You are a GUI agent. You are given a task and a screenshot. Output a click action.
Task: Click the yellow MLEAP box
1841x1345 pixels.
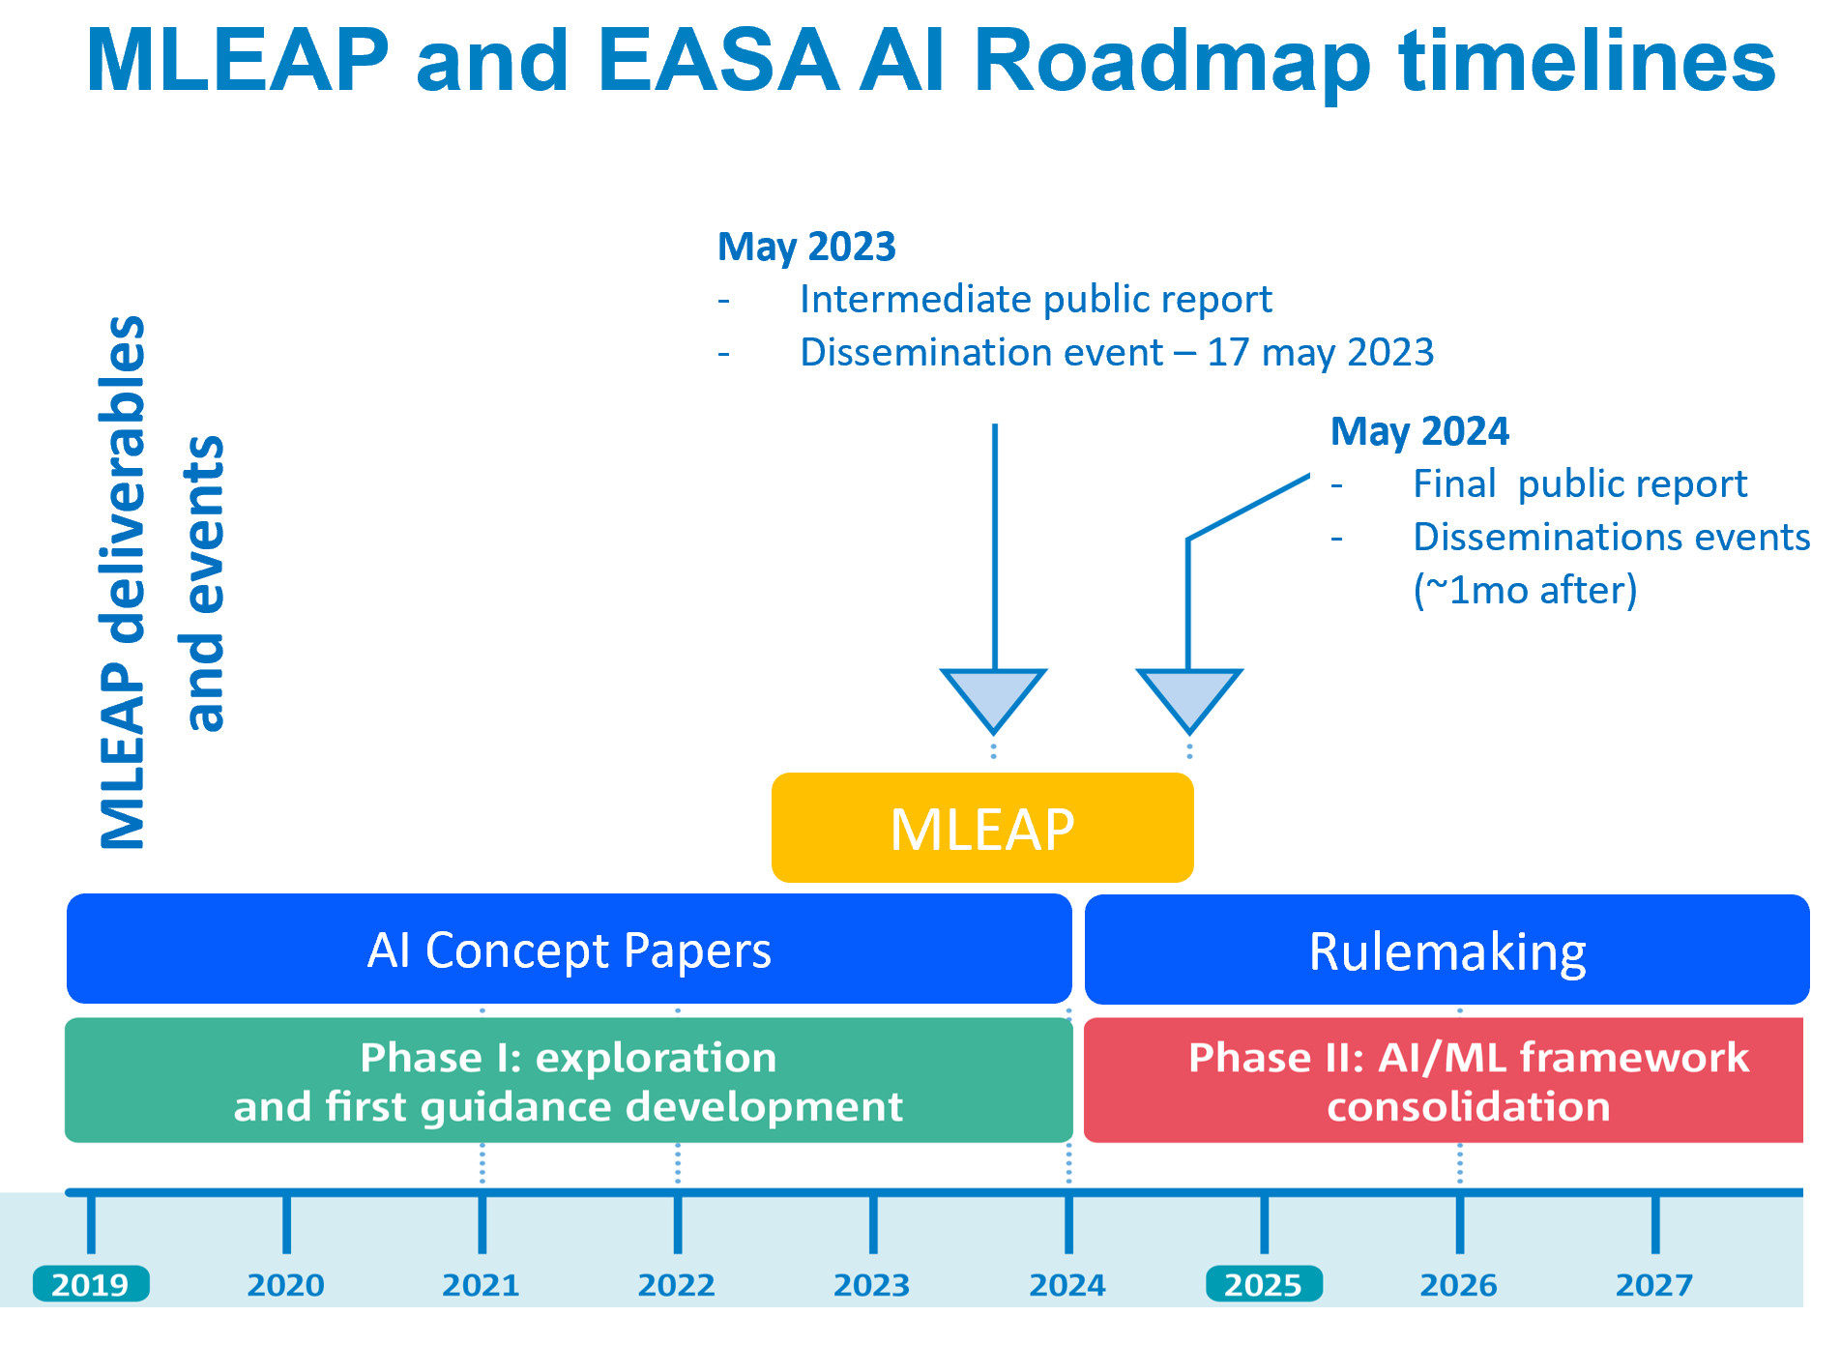982,828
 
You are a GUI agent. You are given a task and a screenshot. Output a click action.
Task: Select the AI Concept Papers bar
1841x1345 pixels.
570,949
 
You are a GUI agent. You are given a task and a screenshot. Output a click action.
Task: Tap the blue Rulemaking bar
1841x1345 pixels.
1446,950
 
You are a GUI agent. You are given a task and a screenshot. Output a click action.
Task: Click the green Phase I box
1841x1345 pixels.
569,1080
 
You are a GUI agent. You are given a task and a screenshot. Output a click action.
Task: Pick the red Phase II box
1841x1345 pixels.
1444,1080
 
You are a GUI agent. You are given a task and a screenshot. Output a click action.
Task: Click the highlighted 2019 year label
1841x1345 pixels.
91,1284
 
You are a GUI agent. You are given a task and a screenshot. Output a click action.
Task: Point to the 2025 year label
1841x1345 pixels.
1264,1284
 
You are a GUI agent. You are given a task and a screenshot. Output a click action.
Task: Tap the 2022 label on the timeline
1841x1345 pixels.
677,1285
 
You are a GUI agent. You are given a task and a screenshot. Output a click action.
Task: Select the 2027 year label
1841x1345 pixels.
1654,1285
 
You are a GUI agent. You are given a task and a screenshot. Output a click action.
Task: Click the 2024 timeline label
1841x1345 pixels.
1067,1285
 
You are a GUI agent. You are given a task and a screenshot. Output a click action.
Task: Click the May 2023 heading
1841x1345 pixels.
806,248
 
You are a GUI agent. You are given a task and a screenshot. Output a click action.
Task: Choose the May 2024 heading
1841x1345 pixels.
1419,431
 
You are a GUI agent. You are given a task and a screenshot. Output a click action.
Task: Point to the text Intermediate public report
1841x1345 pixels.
1036,300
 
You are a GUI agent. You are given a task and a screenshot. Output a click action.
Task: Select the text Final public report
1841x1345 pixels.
1580,484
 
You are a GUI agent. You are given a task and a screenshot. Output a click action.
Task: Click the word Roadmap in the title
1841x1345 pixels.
1172,60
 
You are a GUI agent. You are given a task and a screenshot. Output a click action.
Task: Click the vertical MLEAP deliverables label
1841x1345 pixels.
123,582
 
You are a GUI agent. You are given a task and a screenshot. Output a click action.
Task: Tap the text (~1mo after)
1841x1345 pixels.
1525,590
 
